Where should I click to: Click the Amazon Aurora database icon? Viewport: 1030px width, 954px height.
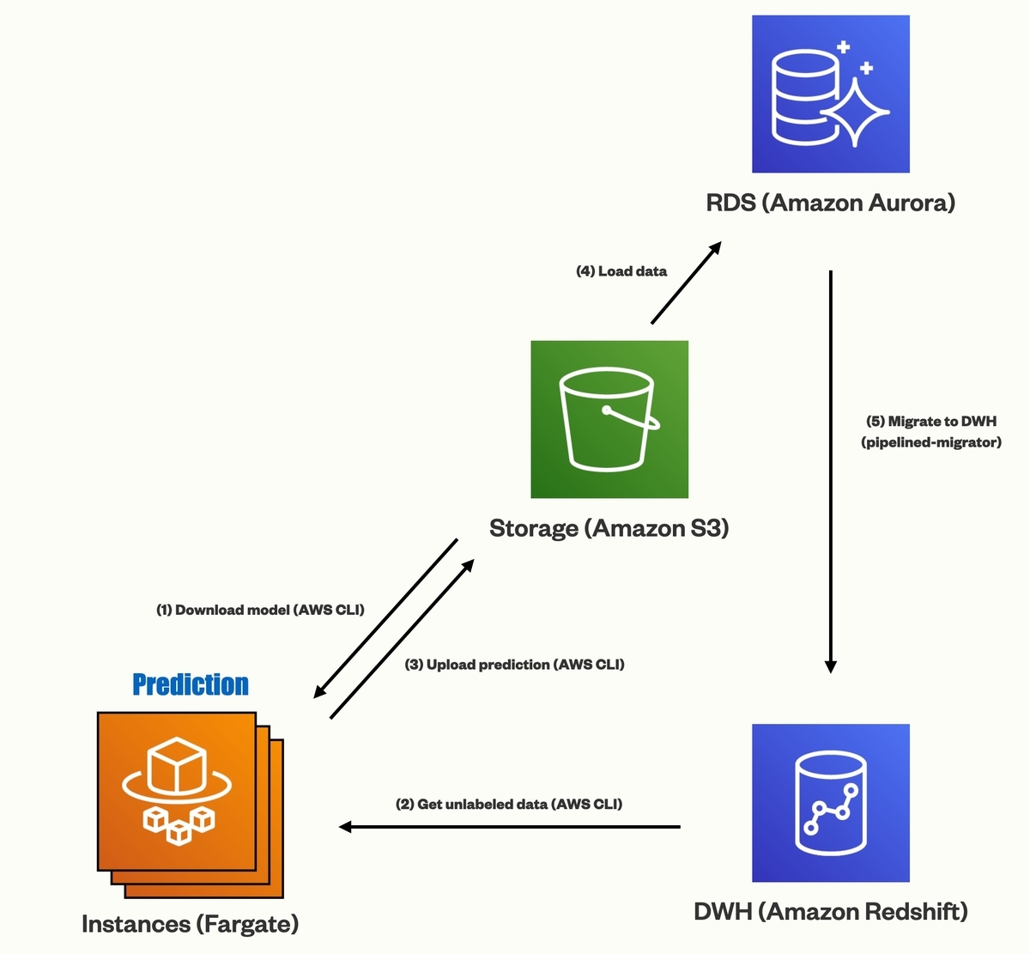coord(830,94)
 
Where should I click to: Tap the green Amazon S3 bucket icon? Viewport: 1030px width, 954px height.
coord(609,419)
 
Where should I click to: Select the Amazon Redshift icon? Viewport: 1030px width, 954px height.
coord(830,803)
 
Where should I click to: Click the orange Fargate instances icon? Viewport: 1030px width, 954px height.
coord(190,805)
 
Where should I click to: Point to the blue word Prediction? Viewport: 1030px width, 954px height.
coord(191,684)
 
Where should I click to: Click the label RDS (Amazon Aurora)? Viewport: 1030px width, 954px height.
coord(830,203)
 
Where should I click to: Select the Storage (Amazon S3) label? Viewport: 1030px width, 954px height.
coord(609,528)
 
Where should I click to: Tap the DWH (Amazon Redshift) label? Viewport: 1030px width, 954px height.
coord(830,911)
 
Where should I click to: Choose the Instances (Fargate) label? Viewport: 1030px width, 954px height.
coord(190,924)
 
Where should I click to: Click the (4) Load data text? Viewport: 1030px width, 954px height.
coord(621,271)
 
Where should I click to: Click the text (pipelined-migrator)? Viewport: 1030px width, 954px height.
coord(931,442)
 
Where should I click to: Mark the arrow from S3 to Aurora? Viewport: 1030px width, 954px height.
coord(686,283)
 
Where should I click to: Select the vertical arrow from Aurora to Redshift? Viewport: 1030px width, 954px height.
coord(830,471)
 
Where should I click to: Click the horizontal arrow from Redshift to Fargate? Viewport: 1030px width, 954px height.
coord(509,827)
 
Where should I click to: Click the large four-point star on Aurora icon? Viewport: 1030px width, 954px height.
coord(855,112)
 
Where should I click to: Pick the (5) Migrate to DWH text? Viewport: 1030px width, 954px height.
coord(931,421)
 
